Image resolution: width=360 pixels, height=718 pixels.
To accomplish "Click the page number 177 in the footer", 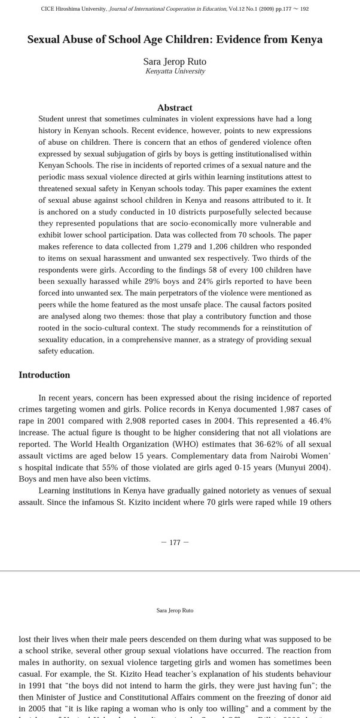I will (x=175, y=543).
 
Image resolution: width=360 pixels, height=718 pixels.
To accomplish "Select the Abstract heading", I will (x=175, y=108).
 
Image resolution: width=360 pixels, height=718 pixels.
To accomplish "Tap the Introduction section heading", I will (x=44, y=375).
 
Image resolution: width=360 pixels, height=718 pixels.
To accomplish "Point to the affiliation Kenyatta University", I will (x=175, y=71).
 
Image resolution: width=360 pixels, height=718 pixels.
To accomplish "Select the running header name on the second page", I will (x=175, y=610).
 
